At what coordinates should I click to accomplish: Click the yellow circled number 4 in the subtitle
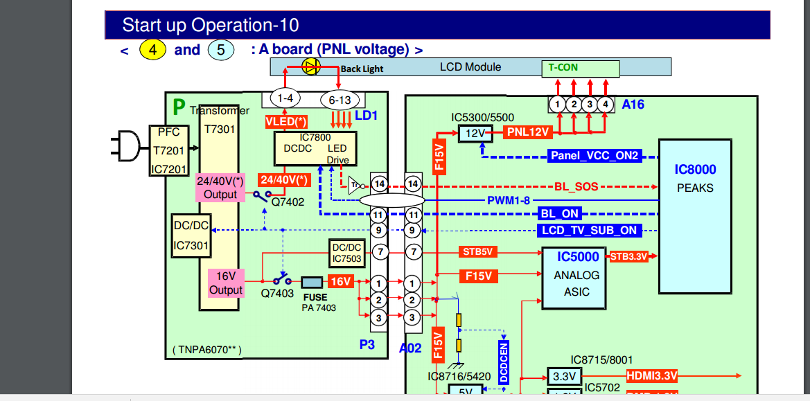[x=152, y=50]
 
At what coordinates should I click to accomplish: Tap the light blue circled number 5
[x=220, y=50]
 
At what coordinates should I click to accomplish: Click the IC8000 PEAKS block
[x=695, y=216]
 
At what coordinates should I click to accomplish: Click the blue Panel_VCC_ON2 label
[x=595, y=156]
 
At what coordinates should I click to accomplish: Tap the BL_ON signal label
[x=559, y=214]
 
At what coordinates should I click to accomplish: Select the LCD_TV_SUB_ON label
[x=589, y=230]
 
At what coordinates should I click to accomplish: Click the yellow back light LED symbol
[x=311, y=66]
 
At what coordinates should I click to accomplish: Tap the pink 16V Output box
[x=226, y=283]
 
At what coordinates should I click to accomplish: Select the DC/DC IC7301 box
[x=191, y=235]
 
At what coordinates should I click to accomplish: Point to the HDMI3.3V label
[x=652, y=376]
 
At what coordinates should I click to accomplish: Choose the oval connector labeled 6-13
[x=340, y=100]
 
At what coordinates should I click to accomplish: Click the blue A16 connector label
[x=633, y=105]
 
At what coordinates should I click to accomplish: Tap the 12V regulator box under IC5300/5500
[x=475, y=132]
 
